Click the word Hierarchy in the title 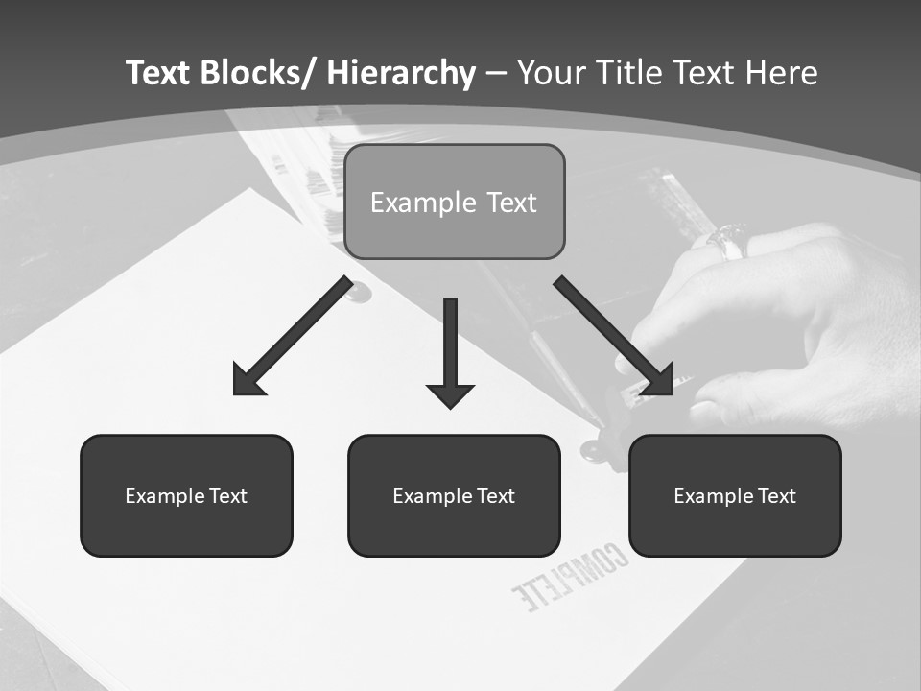(x=400, y=74)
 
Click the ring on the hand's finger (x=730, y=239)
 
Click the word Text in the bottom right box (x=775, y=496)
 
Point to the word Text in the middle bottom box (x=494, y=496)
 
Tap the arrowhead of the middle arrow (x=450, y=393)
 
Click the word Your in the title (x=550, y=74)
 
